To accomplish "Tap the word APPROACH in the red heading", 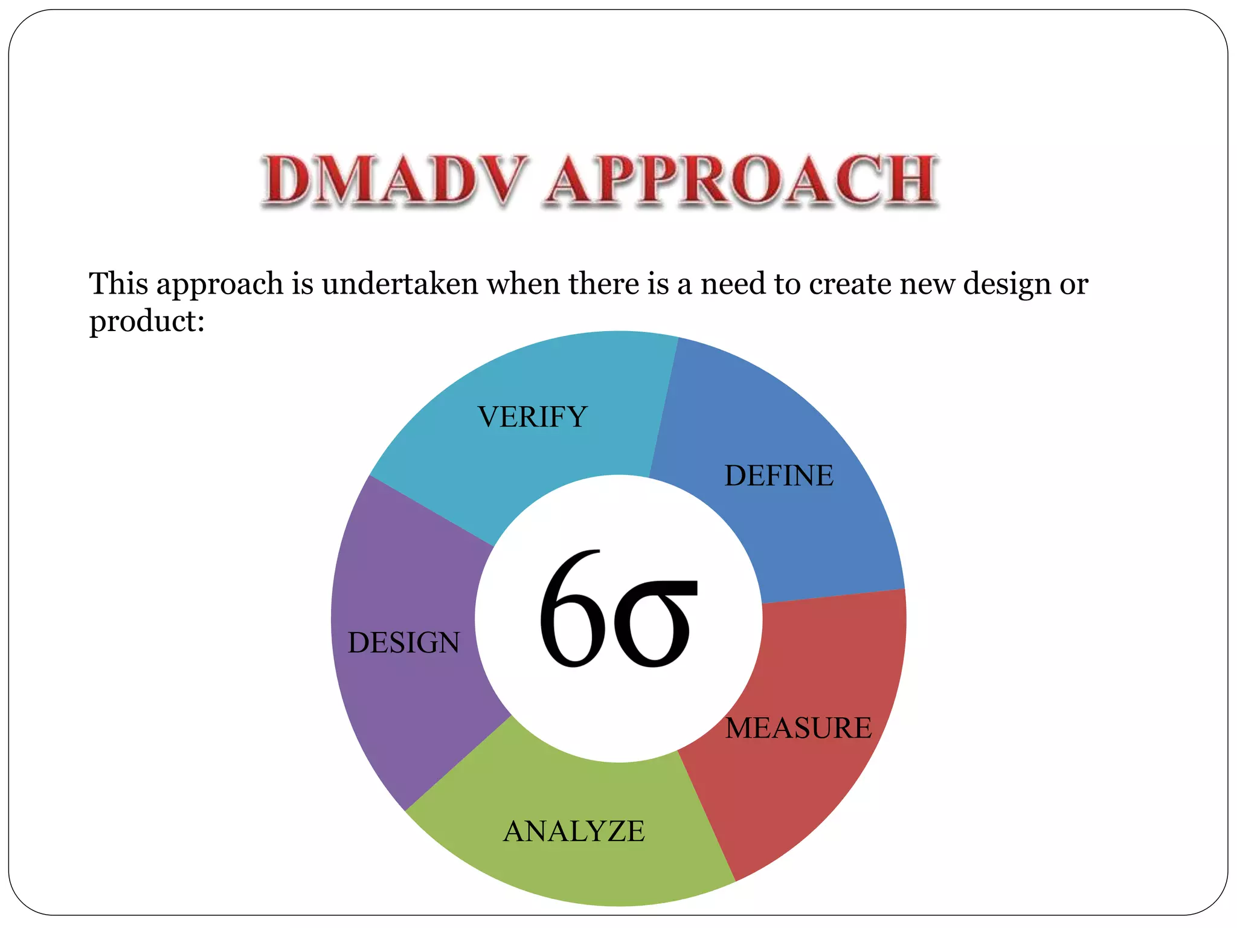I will tap(742, 180).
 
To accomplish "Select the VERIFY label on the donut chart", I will tap(532, 417).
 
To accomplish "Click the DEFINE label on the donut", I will tap(779, 476).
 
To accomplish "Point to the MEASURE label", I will tap(798, 728).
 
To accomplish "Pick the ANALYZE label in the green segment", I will tap(574, 831).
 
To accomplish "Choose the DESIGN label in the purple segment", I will tap(403, 643).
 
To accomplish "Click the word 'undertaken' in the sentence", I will tap(400, 283).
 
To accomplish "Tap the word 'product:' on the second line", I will tap(147, 321).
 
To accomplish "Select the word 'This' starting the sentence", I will tap(119, 283).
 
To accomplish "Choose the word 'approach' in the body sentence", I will tap(220, 283).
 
